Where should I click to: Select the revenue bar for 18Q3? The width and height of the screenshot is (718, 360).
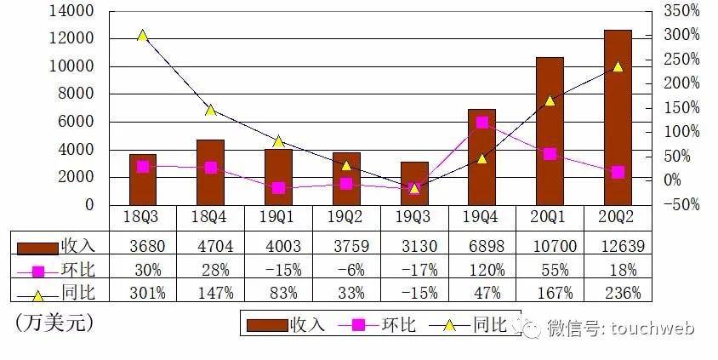(143, 180)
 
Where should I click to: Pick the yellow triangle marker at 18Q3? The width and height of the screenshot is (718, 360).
(143, 36)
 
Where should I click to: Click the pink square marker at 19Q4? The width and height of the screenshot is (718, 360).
(482, 123)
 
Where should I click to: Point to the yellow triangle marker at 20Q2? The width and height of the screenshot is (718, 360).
(618, 66)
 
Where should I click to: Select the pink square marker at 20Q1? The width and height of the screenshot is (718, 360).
(550, 154)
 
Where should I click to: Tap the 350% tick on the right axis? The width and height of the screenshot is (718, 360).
(682, 11)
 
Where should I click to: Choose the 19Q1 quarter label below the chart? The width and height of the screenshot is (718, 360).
(278, 218)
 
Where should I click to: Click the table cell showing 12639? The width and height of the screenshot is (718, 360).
(618, 246)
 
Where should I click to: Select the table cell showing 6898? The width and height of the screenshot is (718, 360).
(482, 246)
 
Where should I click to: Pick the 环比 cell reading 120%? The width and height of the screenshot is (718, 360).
(482, 270)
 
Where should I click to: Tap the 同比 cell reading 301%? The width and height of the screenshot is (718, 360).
(143, 294)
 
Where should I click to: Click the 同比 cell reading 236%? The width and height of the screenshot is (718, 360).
(618, 294)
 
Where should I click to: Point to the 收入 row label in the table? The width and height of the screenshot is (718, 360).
(77, 246)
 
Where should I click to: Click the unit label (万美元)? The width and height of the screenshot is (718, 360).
(54, 323)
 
